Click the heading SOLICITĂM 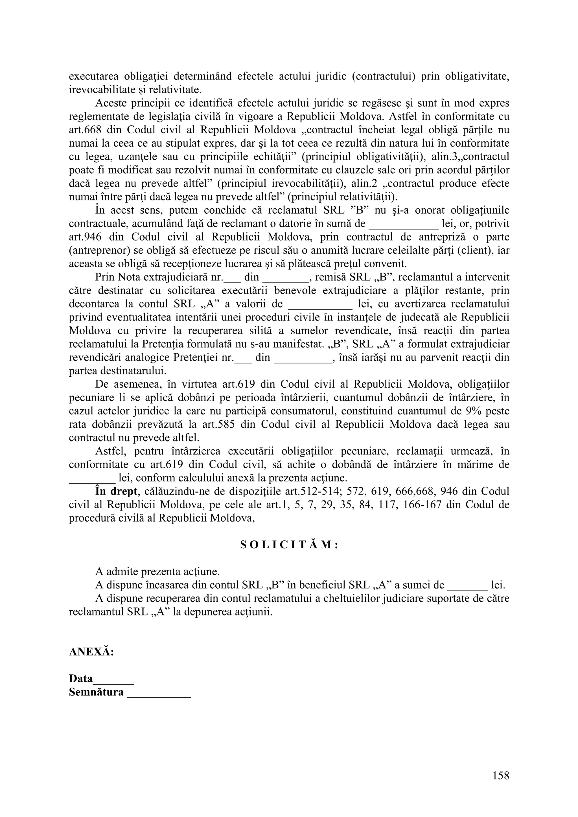[x=289, y=546]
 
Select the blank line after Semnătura [x=159, y=692]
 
